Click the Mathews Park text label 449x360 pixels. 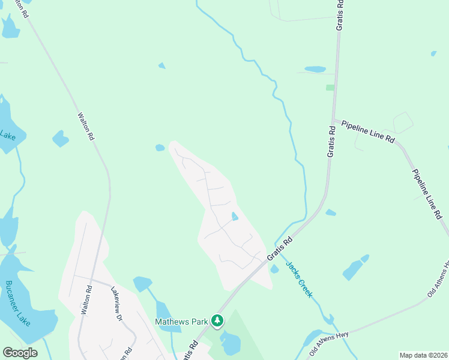click(181, 322)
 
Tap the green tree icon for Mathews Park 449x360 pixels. click(217, 322)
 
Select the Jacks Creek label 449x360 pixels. click(299, 279)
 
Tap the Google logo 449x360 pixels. click(20, 353)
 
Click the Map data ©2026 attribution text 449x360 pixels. click(423, 355)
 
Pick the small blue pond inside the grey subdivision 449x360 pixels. click(235, 216)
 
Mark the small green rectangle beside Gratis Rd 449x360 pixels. click(330, 88)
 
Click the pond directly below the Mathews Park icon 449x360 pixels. click(230, 344)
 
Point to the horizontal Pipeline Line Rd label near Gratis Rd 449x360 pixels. click(368, 131)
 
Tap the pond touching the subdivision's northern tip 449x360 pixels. click(160, 148)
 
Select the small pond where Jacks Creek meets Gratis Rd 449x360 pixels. click(274, 269)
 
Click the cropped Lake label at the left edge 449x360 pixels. click(7, 136)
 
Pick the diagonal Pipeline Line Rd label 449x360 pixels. click(428, 193)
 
